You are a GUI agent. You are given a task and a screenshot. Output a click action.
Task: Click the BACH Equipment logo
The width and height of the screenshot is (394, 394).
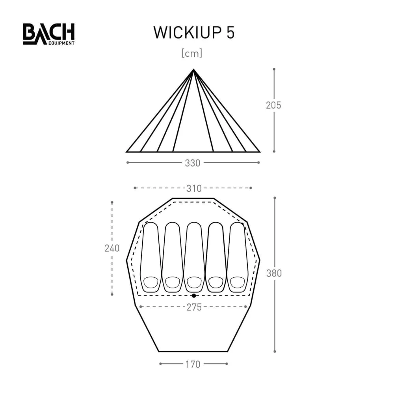48,34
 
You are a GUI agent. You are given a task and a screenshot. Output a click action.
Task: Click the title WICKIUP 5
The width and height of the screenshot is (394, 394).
194,33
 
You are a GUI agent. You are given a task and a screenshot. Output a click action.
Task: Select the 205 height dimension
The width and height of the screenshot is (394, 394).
273,105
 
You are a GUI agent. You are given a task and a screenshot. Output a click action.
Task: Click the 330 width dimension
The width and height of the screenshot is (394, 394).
193,163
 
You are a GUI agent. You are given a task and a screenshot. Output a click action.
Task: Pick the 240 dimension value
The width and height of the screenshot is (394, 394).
112,248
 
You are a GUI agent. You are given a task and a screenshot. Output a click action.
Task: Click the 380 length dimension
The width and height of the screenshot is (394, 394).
274,273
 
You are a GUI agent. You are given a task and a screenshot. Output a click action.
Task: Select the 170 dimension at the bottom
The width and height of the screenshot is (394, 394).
193,364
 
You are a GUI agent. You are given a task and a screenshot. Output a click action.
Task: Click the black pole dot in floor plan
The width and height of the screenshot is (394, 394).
193,295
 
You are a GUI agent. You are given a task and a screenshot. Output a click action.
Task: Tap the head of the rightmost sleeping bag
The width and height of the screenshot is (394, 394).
237,282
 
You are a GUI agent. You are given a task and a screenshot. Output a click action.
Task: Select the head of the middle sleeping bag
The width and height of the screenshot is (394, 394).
194,282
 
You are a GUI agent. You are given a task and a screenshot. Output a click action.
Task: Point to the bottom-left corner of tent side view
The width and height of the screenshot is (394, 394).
127,152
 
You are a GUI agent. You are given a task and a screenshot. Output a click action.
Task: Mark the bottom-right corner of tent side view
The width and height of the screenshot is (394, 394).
260,152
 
